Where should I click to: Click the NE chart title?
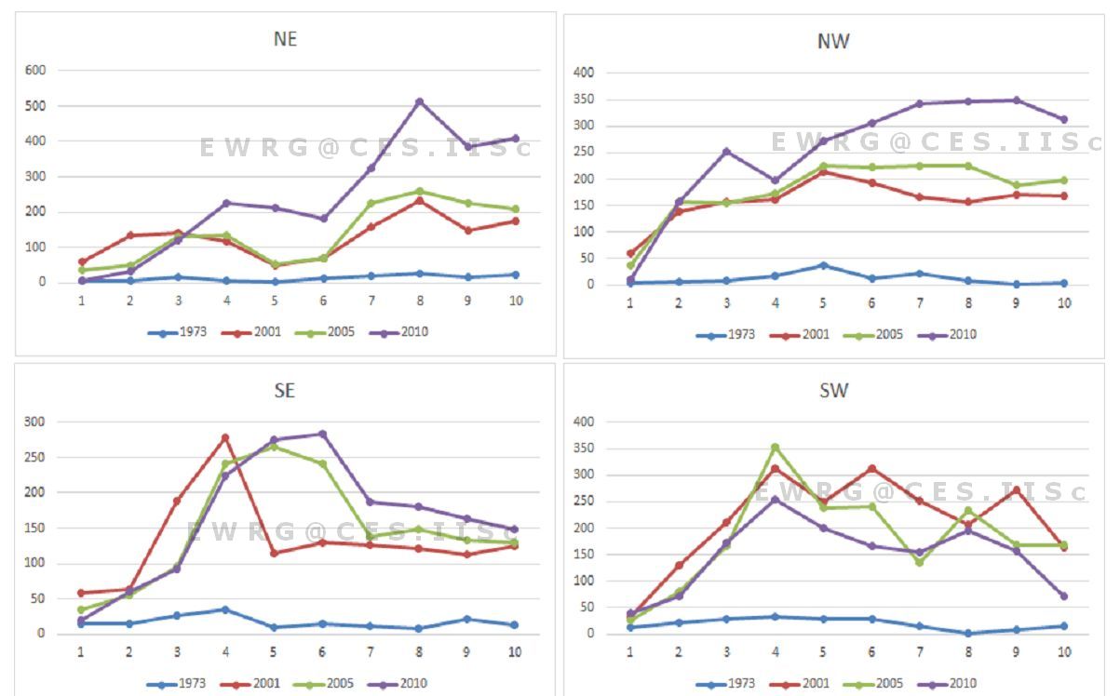point(286,39)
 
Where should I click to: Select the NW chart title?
point(833,41)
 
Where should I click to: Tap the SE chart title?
point(285,391)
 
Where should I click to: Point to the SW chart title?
point(833,391)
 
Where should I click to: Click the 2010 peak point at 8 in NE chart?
point(420,101)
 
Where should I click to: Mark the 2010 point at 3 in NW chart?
point(726,151)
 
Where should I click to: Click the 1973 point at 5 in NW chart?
point(823,265)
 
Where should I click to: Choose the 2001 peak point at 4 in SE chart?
point(225,437)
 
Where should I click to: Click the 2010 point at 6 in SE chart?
point(322,434)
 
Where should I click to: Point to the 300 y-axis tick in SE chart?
point(34,422)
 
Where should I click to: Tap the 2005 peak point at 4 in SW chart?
point(775,448)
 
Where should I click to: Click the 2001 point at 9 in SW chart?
point(1016,489)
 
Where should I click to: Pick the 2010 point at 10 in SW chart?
point(1063,596)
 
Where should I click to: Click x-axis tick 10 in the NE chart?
point(515,301)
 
